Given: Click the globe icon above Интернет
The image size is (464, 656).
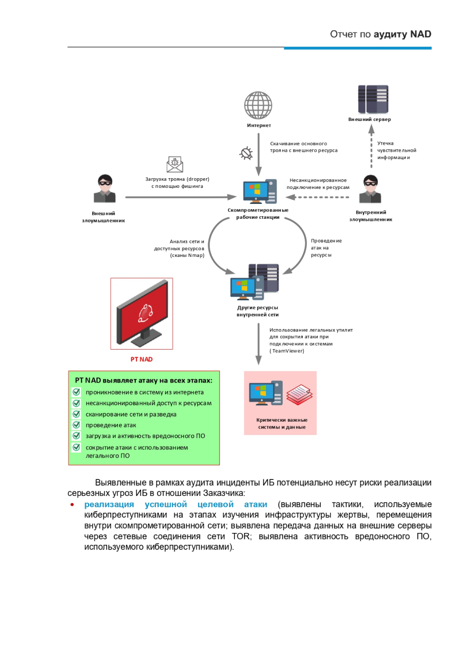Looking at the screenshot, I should (258, 105).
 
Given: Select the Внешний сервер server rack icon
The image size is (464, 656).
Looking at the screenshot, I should (372, 99).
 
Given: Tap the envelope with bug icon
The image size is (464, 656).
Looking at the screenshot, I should (175, 164).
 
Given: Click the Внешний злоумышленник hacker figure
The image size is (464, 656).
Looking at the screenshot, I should (104, 189).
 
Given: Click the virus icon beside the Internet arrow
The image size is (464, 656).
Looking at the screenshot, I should (246, 153).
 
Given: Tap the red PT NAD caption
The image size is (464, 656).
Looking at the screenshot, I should (141, 359).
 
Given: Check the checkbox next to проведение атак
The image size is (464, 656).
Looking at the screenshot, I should (76, 425).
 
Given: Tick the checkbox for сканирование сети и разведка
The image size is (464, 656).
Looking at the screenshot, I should (76, 414).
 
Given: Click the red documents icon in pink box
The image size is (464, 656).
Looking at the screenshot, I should (299, 394).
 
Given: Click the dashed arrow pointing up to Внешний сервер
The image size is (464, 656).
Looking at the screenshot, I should (371, 150).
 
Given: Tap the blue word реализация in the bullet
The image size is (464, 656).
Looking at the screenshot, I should (109, 504).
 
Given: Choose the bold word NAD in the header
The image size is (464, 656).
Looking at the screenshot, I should (420, 34).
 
